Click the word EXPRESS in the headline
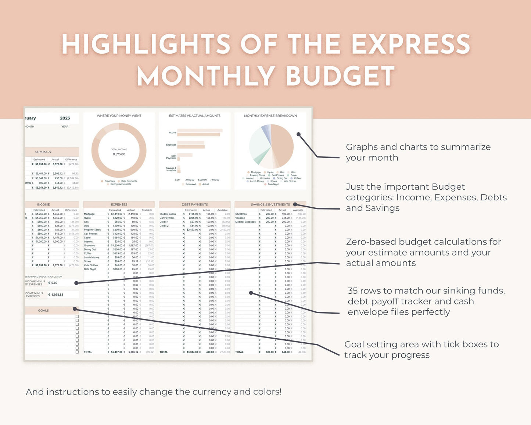point(411,44)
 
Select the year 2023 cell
point(65,118)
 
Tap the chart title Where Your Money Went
point(119,116)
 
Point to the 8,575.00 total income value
point(119,154)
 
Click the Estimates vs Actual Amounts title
point(195,116)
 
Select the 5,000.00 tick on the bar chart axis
point(202,180)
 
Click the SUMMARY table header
point(43,152)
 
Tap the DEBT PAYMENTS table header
point(195,204)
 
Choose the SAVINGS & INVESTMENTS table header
point(270,204)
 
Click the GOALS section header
point(43,311)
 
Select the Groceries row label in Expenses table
point(89,246)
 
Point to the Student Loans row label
point(168,214)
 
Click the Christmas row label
point(241,214)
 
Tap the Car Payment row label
point(167,218)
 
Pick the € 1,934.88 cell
point(56,295)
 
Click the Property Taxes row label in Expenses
point(92,230)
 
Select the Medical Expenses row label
point(245,222)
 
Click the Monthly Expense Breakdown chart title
point(270,116)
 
